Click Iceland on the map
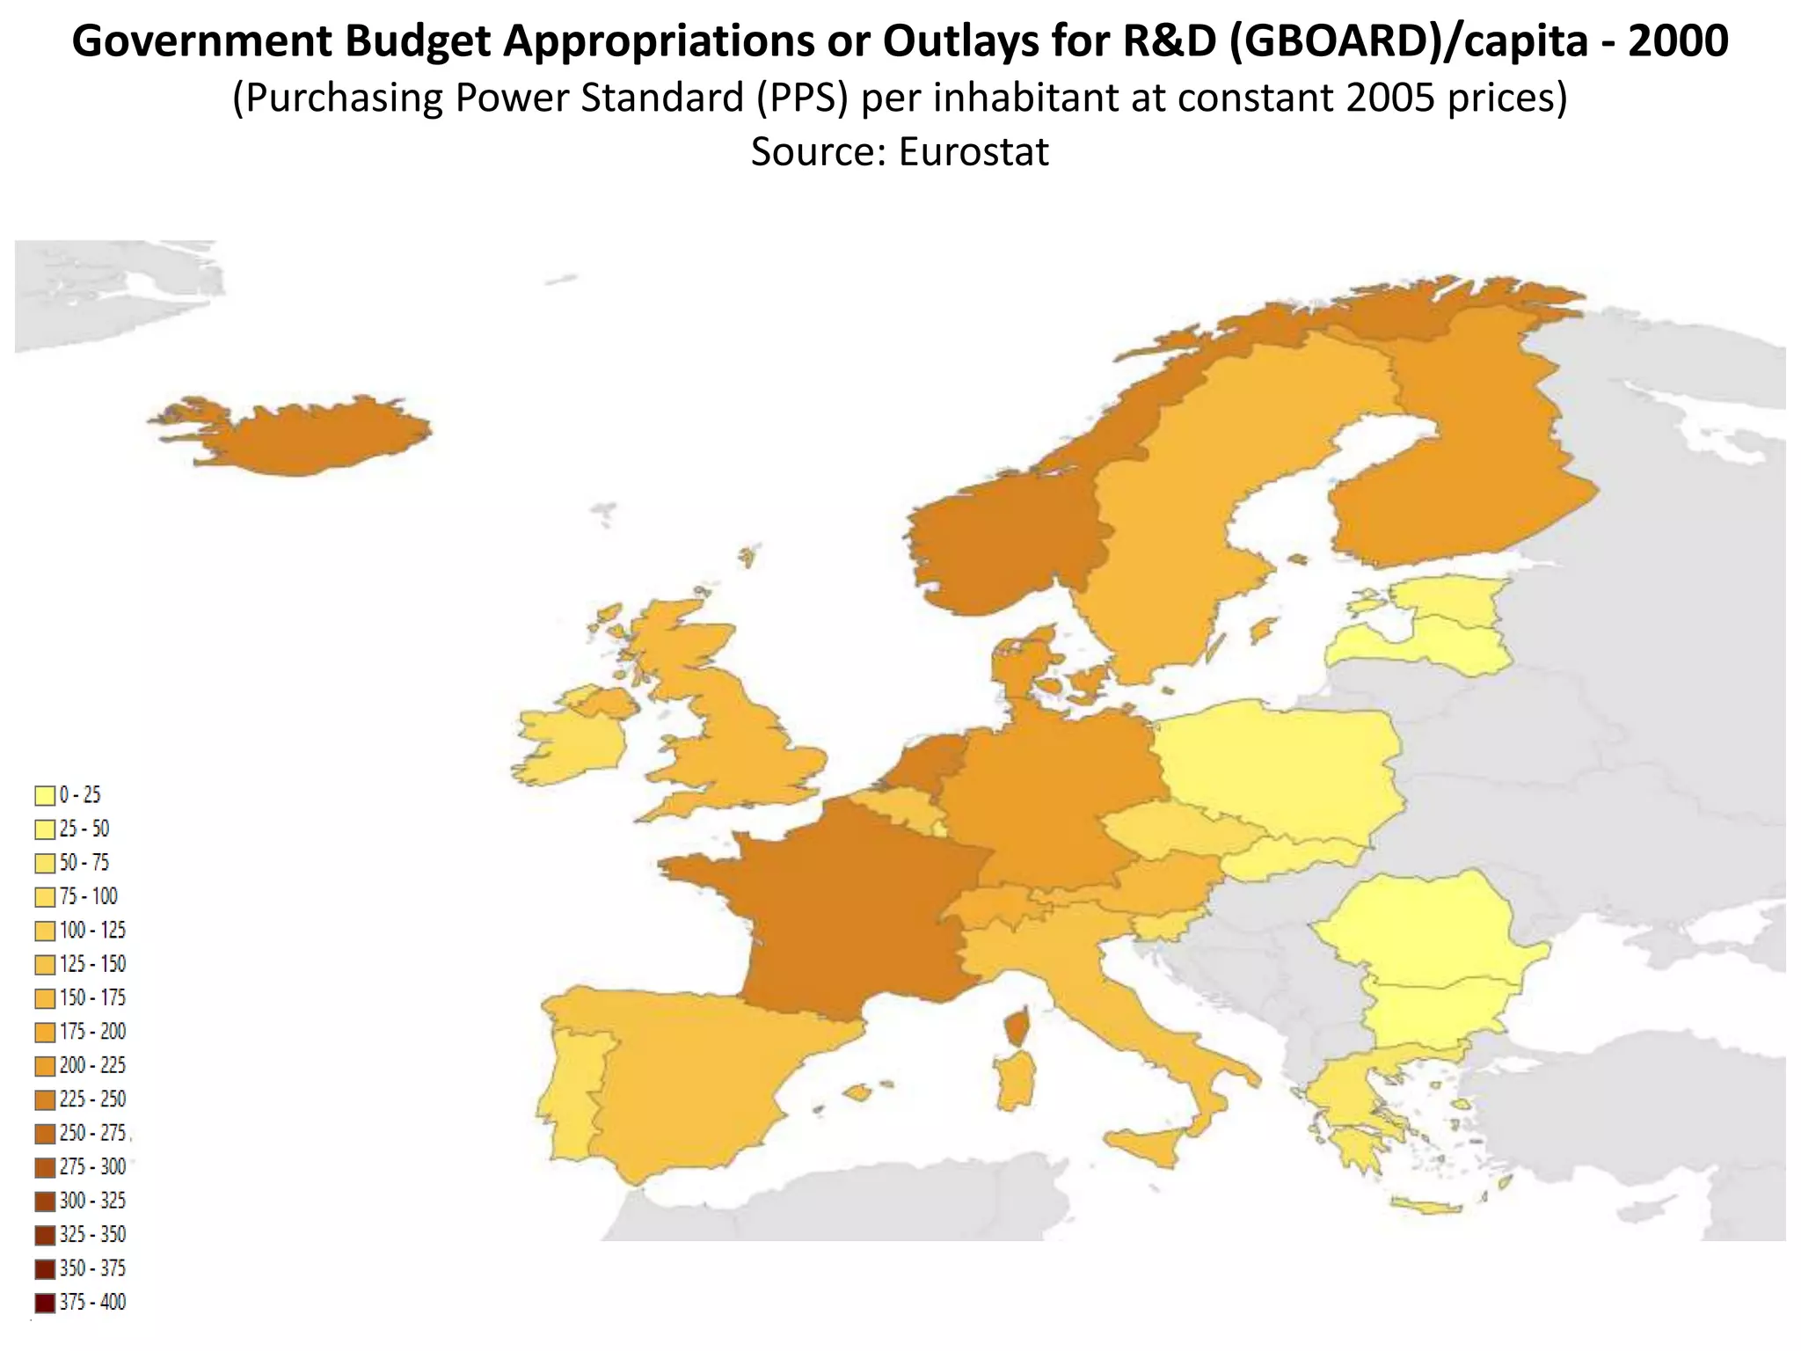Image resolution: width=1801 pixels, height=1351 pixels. pos(299,437)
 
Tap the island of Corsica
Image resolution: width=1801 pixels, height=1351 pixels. pos(1017,1027)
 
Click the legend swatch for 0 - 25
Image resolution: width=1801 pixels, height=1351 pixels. pos(45,796)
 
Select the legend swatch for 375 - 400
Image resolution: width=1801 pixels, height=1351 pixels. pos(45,1303)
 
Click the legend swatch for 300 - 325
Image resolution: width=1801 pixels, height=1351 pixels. pos(45,1201)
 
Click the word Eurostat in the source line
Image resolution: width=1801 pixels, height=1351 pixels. pos(973,151)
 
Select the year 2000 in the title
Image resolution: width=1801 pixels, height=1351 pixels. pos(1678,40)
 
